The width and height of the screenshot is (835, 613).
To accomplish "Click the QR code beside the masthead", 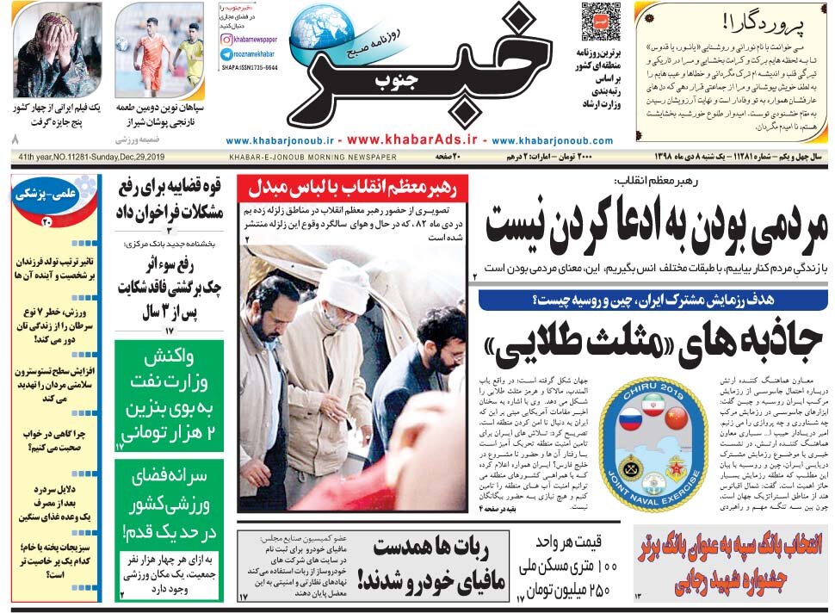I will click(600, 22).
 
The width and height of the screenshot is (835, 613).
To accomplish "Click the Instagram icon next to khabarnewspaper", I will click(227, 40).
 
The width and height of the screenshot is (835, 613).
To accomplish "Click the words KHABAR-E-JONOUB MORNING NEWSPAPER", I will click(312, 157).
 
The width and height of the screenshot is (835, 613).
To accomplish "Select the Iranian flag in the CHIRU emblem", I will click(653, 407).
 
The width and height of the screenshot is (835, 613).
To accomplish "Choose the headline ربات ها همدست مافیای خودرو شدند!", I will click(430, 565).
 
